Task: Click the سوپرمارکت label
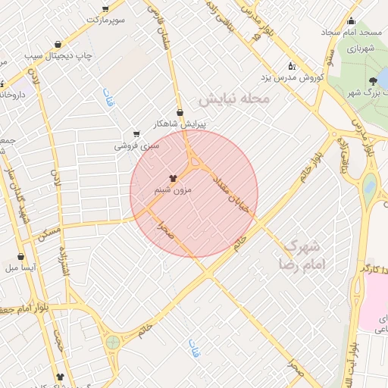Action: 104,19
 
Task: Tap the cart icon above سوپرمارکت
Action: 104,8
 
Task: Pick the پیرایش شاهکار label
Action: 180,123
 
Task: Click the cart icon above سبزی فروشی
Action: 136,133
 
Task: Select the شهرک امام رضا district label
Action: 301,255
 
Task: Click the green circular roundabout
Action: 113,343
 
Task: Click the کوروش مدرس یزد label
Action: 293,78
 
